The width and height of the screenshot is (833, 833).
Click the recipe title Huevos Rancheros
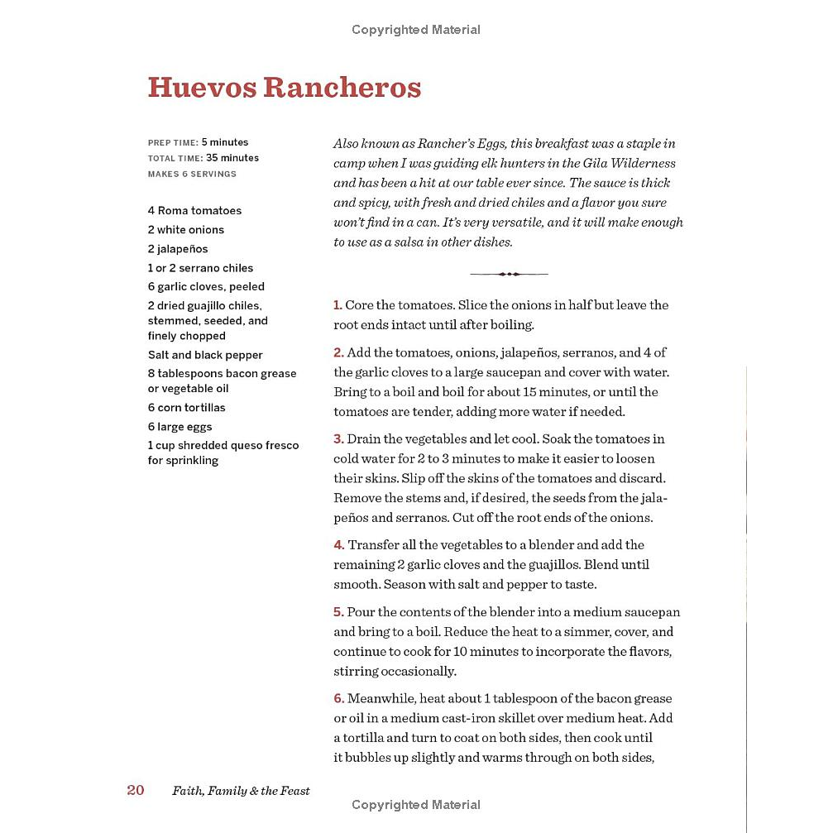pyautogui.click(x=284, y=88)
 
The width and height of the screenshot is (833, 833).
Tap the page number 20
pyautogui.click(x=136, y=790)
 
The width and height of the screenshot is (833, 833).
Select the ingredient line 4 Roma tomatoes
pyautogui.click(x=194, y=211)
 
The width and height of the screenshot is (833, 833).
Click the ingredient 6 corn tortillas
pyautogui.click(x=186, y=408)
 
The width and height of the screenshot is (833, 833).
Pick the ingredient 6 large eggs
pyautogui.click(x=180, y=427)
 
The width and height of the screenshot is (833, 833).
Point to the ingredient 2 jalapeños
pyautogui.click(x=178, y=249)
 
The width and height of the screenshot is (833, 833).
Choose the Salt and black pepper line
pyautogui.click(x=205, y=355)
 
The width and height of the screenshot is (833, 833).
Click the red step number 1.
pyautogui.click(x=338, y=305)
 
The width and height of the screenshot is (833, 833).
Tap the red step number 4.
pyautogui.click(x=338, y=545)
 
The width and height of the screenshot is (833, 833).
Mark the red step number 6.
pyautogui.click(x=338, y=699)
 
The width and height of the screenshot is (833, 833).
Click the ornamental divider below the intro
pyautogui.click(x=508, y=274)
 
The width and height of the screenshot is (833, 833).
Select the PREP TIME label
pyautogui.click(x=173, y=142)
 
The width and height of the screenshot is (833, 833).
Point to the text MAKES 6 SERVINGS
pyautogui.click(x=192, y=175)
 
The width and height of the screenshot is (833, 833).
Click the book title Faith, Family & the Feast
pyautogui.click(x=241, y=791)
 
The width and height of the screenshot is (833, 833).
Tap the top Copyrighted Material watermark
pyautogui.click(x=415, y=30)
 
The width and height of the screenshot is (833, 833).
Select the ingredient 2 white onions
pyautogui.click(x=186, y=230)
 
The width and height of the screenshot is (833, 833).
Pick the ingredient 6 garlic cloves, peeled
pyautogui.click(x=206, y=287)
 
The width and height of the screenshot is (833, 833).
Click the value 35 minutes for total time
pyautogui.click(x=232, y=158)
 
